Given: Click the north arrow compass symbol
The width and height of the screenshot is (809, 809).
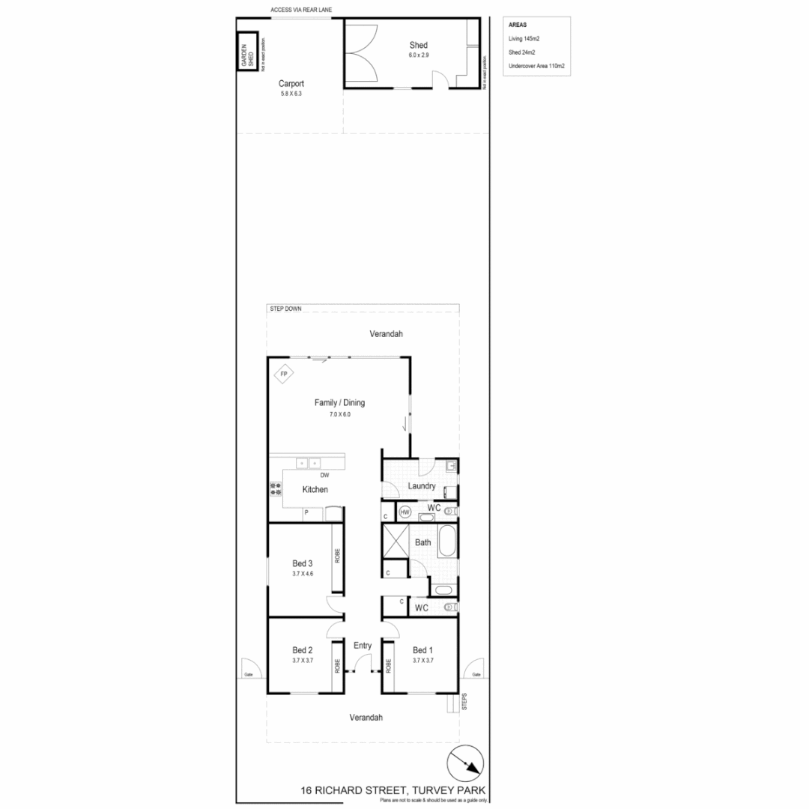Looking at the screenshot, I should [x=466, y=765].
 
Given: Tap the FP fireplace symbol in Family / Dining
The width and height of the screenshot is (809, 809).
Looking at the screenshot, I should [x=284, y=375].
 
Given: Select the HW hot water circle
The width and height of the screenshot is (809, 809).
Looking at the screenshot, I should [x=405, y=512].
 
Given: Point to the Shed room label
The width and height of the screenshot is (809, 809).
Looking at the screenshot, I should [x=418, y=45].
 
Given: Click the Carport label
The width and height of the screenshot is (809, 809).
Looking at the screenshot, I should [x=291, y=84].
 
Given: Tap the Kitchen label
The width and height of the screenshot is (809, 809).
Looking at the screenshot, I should [x=315, y=489].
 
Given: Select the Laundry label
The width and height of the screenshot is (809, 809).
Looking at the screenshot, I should [x=422, y=486].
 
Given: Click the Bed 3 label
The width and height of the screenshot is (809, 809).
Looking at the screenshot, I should [x=302, y=563].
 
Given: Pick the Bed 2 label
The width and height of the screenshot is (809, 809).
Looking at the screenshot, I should [x=302, y=649].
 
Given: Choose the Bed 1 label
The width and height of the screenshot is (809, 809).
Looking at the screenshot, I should [x=422, y=649].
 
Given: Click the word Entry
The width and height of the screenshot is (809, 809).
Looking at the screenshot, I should [x=363, y=646].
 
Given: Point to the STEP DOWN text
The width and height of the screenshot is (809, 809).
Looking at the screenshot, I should [x=285, y=309].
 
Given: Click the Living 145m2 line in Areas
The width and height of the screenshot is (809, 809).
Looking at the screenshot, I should [x=524, y=38].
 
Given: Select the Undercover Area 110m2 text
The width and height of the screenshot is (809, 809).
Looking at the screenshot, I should [x=536, y=67].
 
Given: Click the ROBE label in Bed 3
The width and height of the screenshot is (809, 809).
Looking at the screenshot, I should [x=338, y=556].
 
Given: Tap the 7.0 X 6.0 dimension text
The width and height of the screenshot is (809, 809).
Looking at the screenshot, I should [x=339, y=414].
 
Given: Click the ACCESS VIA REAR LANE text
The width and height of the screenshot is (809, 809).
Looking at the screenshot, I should [x=302, y=10].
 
